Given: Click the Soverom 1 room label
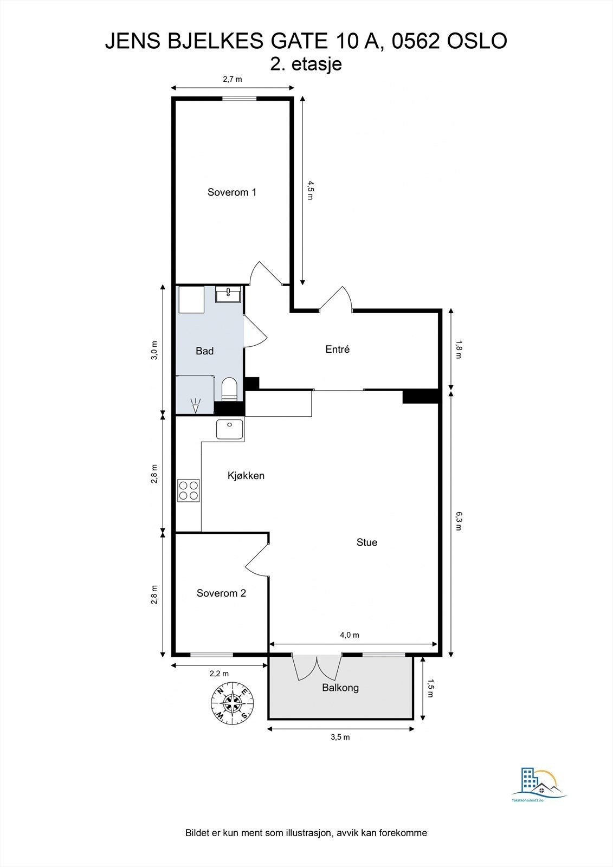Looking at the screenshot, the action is point(231,192).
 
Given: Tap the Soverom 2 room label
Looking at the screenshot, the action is point(221,593).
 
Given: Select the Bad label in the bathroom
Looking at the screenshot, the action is point(204,351).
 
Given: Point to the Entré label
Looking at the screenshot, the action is point(337,349).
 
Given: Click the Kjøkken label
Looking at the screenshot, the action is point(246,476).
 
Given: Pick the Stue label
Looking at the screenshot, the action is point(367,542).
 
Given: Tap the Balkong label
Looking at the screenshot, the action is point(340,688).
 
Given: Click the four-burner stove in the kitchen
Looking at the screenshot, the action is point(188,491).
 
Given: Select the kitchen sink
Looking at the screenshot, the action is point(230,429).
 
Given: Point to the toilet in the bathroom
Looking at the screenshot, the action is point(229,389).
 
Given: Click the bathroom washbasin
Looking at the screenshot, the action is point(228,295).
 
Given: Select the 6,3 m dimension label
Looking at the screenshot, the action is point(459,521).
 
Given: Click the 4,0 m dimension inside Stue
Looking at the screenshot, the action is point(350,635).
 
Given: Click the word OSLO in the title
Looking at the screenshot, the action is point(477,41).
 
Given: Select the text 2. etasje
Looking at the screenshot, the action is point(306,64).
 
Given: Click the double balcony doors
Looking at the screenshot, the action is point(317,667).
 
